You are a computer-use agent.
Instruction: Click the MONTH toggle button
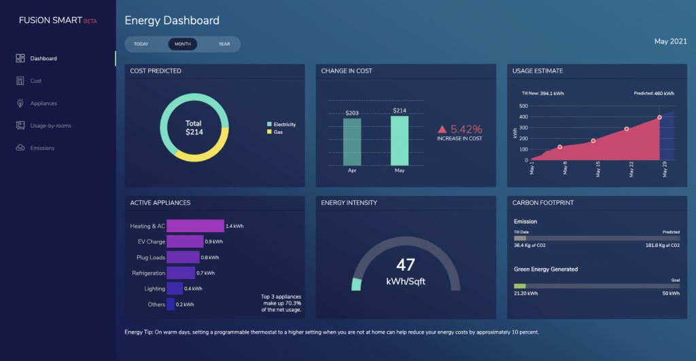182,44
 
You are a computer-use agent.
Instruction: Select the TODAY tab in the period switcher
141,44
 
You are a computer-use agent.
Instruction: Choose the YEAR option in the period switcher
224,44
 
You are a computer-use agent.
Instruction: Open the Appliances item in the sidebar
43,103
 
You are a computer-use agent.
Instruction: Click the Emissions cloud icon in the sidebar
20,148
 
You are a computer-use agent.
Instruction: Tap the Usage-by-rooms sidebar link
50,126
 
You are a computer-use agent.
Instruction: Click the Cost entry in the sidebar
36,81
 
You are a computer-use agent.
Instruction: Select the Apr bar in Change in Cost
352,142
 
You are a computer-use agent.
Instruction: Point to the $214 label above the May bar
400,111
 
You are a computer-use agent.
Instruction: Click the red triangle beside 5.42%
442,129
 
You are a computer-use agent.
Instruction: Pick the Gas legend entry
278,132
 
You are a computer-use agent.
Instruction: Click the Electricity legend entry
284,125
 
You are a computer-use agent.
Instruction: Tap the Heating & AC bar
195,226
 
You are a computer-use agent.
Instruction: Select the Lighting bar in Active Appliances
175,288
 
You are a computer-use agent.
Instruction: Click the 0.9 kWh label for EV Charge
214,242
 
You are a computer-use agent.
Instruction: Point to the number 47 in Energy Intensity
406,265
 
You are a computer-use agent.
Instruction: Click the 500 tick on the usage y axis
523,106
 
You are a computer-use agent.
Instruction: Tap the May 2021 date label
671,42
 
